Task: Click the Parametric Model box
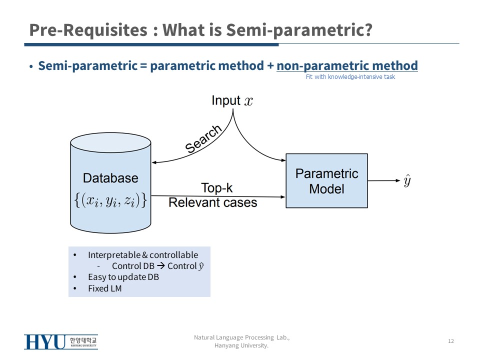pyautogui.click(x=326, y=180)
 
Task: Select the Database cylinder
pyautogui.click(x=110, y=182)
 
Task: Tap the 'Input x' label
pyautogui.click(x=232, y=100)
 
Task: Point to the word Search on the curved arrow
pyautogui.click(x=203, y=139)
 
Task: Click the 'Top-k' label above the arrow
pyautogui.click(x=216, y=188)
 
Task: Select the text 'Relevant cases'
pyautogui.click(x=212, y=202)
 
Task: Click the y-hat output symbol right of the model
pyautogui.click(x=407, y=181)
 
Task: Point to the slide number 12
pyautogui.click(x=451, y=341)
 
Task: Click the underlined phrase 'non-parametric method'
pyautogui.click(x=347, y=65)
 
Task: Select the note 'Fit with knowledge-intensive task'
pyautogui.click(x=350, y=77)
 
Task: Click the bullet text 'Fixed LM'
pyautogui.click(x=104, y=288)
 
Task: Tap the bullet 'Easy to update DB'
pyautogui.click(x=123, y=277)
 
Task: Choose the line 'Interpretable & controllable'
pyautogui.click(x=143, y=255)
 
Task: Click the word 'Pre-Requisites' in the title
pyautogui.click(x=88, y=30)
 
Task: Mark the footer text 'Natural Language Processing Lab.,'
pyautogui.click(x=241, y=338)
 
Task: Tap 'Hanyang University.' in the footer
pyautogui.click(x=241, y=345)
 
